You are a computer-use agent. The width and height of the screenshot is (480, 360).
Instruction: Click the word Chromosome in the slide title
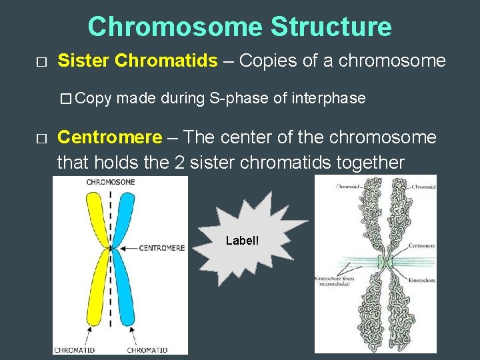(175, 27)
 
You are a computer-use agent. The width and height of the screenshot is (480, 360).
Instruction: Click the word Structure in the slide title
(331, 27)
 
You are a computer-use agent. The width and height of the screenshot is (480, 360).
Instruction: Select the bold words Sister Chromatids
(137, 61)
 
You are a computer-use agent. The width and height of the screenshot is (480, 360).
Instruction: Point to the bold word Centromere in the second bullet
(109, 138)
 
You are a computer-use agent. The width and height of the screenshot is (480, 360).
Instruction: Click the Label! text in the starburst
(242, 240)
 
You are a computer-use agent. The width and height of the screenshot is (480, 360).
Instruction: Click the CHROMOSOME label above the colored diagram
(111, 182)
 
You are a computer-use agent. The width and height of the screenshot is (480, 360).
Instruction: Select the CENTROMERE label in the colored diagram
(162, 248)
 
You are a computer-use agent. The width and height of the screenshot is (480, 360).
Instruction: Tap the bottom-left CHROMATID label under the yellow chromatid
(75, 349)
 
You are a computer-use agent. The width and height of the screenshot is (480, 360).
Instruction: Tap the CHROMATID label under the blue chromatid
(147, 349)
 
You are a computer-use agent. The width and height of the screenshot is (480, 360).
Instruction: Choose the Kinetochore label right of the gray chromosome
(422, 281)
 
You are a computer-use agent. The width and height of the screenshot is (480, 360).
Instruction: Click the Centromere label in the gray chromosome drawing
(422, 246)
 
